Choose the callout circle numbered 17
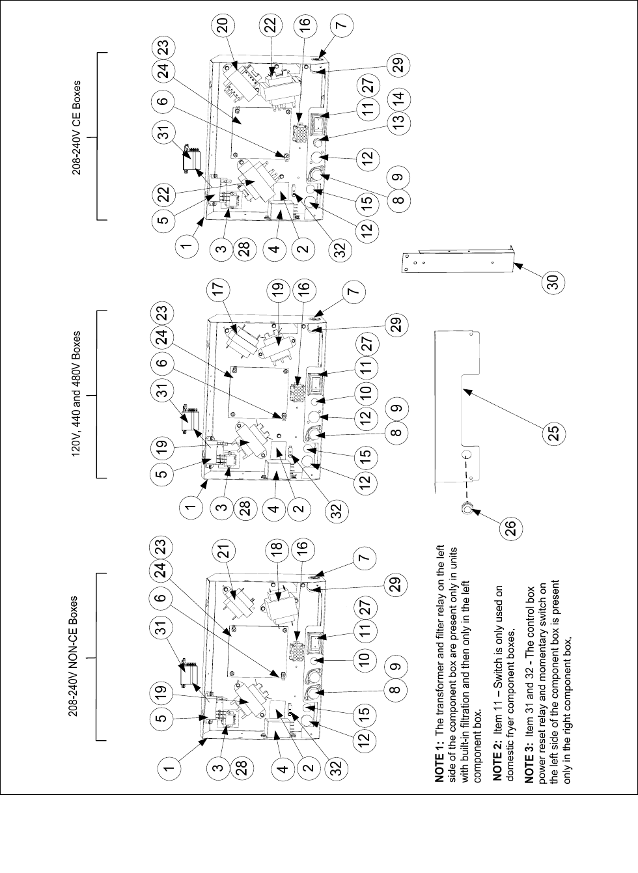tap(223, 289)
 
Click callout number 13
tap(399, 120)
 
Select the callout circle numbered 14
tap(399, 98)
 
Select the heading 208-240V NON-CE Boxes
tap(78, 658)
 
